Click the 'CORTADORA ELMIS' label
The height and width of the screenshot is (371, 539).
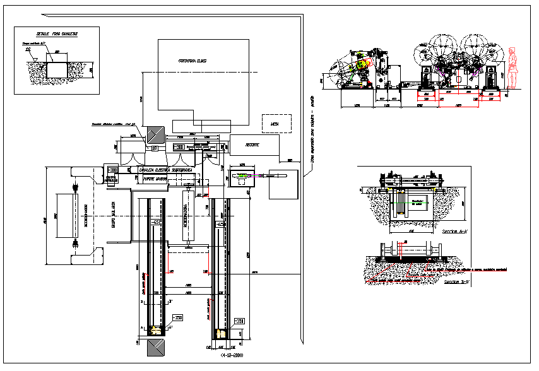(x=194, y=61)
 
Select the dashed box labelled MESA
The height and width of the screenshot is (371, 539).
(x=276, y=124)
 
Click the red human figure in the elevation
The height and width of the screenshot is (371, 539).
(x=512, y=69)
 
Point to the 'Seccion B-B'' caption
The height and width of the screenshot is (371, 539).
(x=456, y=283)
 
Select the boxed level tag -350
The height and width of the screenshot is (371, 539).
(x=178, y=317)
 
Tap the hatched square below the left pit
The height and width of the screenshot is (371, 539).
(x=155, y=348)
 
